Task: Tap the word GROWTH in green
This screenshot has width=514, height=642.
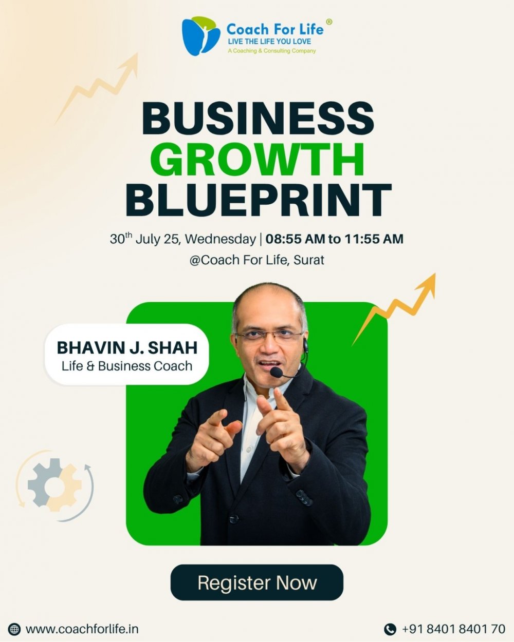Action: pos(258,160)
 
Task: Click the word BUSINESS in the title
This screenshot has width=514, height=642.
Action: pos(258,119)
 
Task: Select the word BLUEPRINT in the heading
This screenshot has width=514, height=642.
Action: pos(258,200)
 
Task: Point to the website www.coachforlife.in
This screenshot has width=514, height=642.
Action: pos(82,629)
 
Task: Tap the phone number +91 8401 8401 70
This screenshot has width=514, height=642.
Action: pos(454,629)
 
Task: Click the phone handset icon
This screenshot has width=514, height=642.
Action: pos(390,629)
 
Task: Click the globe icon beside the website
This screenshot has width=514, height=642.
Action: pos(14,629)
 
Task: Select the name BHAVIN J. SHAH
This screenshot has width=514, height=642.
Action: pos(127,347)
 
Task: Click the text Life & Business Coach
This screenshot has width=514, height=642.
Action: pos(127,366)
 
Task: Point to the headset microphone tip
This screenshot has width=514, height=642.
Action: pos(276,372)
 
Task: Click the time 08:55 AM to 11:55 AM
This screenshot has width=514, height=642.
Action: pos(335,239)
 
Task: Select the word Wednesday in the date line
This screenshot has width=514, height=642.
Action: pos(220,239)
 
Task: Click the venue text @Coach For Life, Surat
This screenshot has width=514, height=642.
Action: pos(256,260)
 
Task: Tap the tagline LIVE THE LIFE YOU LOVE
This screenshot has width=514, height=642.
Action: pos(269,42)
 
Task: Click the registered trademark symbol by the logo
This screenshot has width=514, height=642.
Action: pos(328,22)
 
